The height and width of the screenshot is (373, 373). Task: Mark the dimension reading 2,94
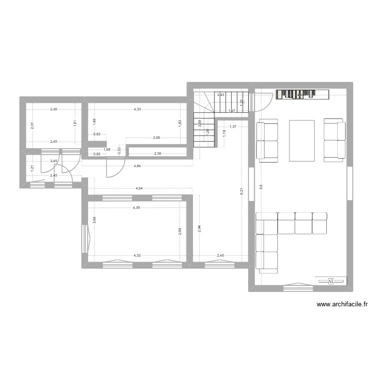pos(198,228)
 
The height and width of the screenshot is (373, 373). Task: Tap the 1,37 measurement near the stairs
pos(233,127)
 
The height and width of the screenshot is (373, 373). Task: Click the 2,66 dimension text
pos(157,138)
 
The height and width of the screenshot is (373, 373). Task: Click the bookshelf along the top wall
pos(303,94)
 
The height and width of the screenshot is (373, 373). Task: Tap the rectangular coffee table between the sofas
pos(302,141)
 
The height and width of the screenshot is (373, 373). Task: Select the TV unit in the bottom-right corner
pos(331,281)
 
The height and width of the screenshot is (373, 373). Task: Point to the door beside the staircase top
pos(261,102)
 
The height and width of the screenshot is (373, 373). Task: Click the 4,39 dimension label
pos(136,208)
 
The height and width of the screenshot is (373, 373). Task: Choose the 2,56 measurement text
pos(158,154)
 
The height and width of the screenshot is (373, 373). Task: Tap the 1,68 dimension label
pos(106,149)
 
